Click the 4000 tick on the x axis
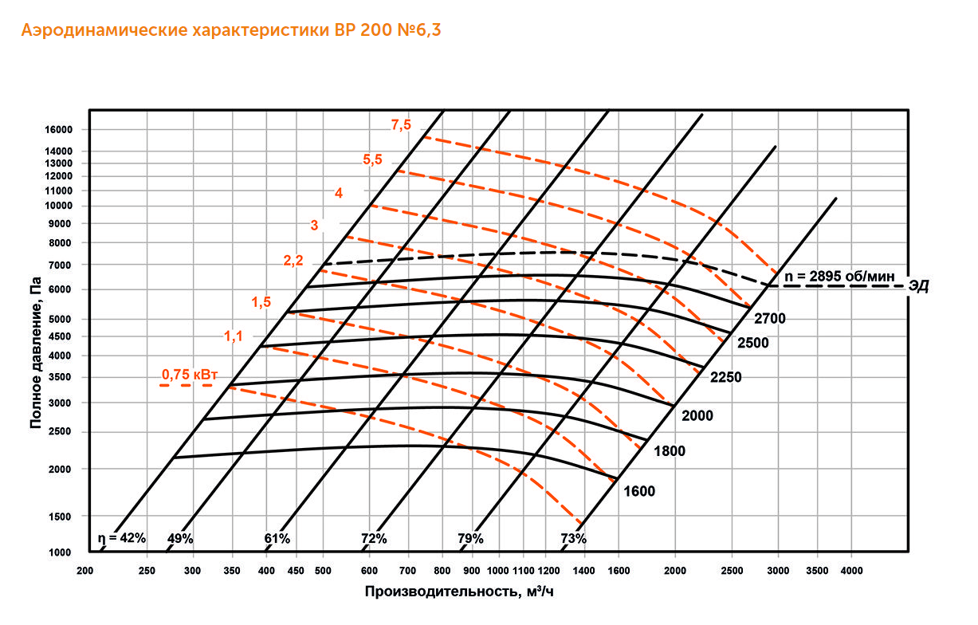[x=851, y=571]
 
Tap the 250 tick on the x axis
[x=147, y=571]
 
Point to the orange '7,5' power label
[x=401, y=124]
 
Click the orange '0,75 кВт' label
[x=190, y=373]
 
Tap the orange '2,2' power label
[x=293, y=261]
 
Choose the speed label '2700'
[x=769, y=319]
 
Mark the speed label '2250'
[x=725, y=377]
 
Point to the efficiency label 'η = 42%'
[x=121, y=538]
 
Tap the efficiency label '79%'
[x=470, y=539]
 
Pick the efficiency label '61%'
[x=277, y=539]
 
